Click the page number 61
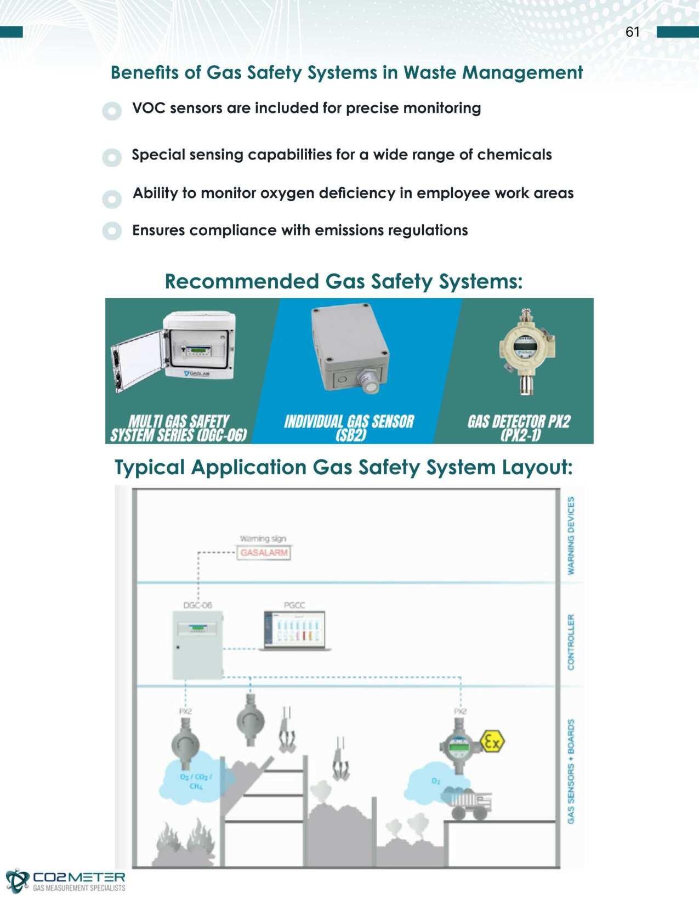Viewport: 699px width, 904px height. (x=632, y=32)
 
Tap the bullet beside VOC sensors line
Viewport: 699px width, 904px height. (x=112, y=111)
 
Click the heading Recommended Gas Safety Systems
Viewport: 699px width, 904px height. (x=344, y=282)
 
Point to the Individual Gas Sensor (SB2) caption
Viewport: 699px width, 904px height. (x=349, y=428)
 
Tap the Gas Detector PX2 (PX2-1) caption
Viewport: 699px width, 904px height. (x=519, y=428)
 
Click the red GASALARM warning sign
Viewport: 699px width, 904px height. (x=264, y=553)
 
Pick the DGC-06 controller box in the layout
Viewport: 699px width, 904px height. (x=198, y=645)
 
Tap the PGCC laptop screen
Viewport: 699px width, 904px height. (x=295, y=629)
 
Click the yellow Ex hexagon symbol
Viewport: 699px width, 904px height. (x=491, y=742)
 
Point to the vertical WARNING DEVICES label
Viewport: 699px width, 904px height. (x=571, y=535)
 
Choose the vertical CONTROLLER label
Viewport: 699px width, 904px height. (x=571, y=641)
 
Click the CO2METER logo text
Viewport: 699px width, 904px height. (x=79, y=878)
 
